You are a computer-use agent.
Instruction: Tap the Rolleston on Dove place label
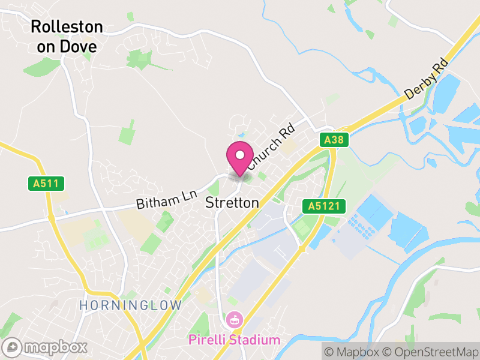67,36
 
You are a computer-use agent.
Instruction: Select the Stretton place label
232,203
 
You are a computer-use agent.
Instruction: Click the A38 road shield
333,140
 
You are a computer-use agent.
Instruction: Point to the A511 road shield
46,184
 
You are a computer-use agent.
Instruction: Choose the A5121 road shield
325,206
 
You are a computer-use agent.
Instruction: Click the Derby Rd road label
427,79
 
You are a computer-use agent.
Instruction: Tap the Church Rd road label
271,145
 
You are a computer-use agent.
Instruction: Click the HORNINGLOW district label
130,305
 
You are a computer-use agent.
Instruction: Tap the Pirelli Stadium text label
234,340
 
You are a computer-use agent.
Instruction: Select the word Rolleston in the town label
67,27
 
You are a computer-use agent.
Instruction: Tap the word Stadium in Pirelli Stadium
254,340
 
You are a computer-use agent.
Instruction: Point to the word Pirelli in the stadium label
207,340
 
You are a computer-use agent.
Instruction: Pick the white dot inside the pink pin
240,155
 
